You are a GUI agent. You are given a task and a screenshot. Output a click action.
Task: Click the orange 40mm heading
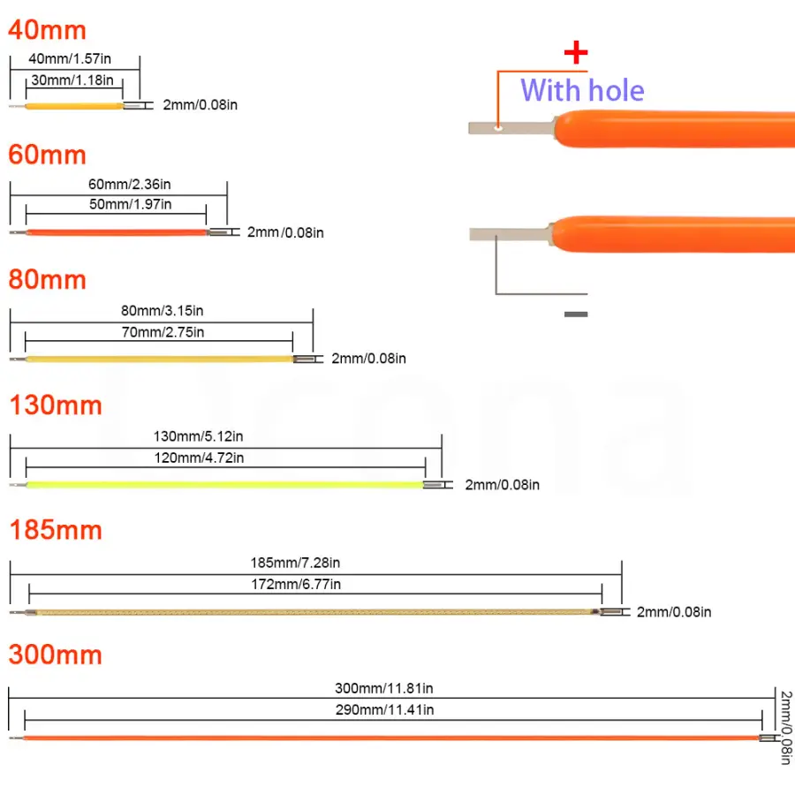pyautogui.click(x=48, y=30)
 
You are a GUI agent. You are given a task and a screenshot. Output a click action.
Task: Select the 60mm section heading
pyautogui.click(x=48, y=155)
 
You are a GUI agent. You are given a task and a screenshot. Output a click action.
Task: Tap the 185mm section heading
pyautogui.click(x=56, y=530)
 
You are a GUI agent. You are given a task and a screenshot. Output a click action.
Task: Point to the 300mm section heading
pyautogui.click(x=56, y=655)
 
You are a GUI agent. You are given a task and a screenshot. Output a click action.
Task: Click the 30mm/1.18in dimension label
pyautogui.click(x=72, y=80)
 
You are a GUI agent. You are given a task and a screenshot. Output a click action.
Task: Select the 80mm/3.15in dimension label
pyautogui.click(x=156, y=311)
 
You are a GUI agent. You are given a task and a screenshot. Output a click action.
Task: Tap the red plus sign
pyautogui.click(x=576, y=53)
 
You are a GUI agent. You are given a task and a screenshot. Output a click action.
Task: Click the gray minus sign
pyautogui.click(x=575, y=314)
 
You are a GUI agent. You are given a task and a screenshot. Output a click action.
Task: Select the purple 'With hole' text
pyautogui.click(x=582, y=90)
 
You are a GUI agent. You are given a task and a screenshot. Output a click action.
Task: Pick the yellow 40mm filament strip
pyautogui.click(x=74, y=106)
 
